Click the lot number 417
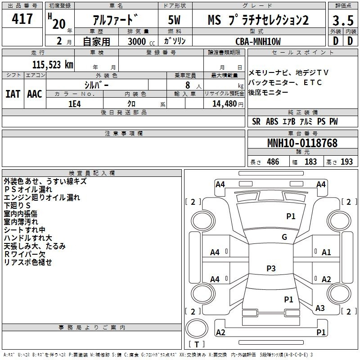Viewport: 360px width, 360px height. pyautogui.click(x=22, y=18)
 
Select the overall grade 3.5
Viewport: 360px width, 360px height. pyautogui.click(x=343, y=21)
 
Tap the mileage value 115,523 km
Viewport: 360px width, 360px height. pyautogui.click(x=53, y=65)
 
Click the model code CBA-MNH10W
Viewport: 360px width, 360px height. pyautogui.click(x=258, y=41)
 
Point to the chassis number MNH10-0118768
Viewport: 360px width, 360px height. pyautogui.click(x=302, y=143)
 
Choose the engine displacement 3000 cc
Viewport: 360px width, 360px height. pyautogui.click(x=141, y=41)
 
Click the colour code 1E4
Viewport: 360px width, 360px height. pyautogui.click(x=75, y=104)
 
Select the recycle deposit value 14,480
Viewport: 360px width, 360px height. pyautogui.click(x=225, y=104)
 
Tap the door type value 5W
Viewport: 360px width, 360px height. pyautogui.click(x=174, y=20)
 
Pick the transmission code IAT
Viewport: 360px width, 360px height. pyautogui.click(x=13, y=94)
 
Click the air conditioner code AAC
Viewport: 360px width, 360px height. pyautogui.click(x=35, y=94)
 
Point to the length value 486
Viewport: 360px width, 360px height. pyautogui.click(x=273, y=162)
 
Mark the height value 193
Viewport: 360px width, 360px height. pyautogui.click(x=346, y=162)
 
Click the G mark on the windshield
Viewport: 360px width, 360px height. pyautogui.click(x=284, y=237)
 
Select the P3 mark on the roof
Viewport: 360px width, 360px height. pyautogui.click(x=271, y=268)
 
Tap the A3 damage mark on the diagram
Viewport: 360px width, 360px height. pyautogui.click(x=320, y=308)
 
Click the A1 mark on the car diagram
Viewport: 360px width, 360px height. pyautogui.click(x=326, y=252)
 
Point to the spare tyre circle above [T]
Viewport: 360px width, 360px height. pyautogui.click(x=197, y=328)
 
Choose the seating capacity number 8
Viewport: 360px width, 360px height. pyautogui.click(x=188, y=85)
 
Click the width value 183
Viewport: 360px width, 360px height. pyautogui.click(x=310, y=162)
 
